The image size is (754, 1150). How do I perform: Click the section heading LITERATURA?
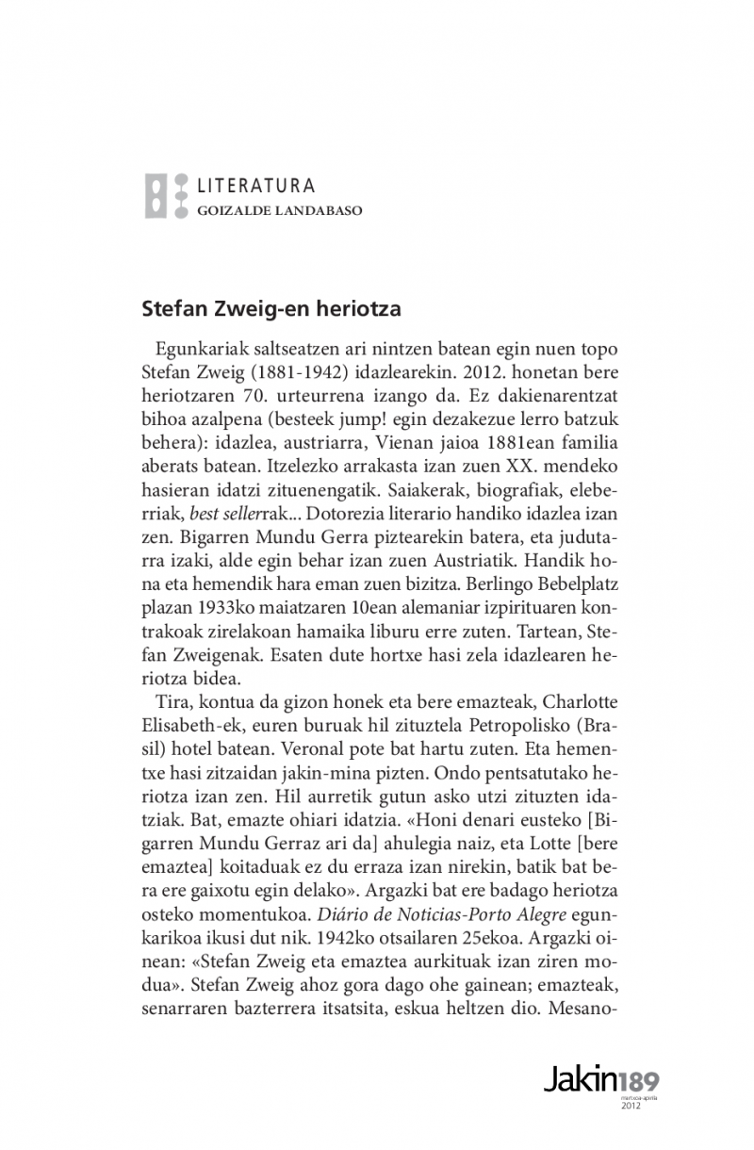[x=255, y=187]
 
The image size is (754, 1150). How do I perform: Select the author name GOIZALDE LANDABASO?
[x=279, y=211]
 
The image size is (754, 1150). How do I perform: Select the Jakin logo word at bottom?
[x=581, y=1080]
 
